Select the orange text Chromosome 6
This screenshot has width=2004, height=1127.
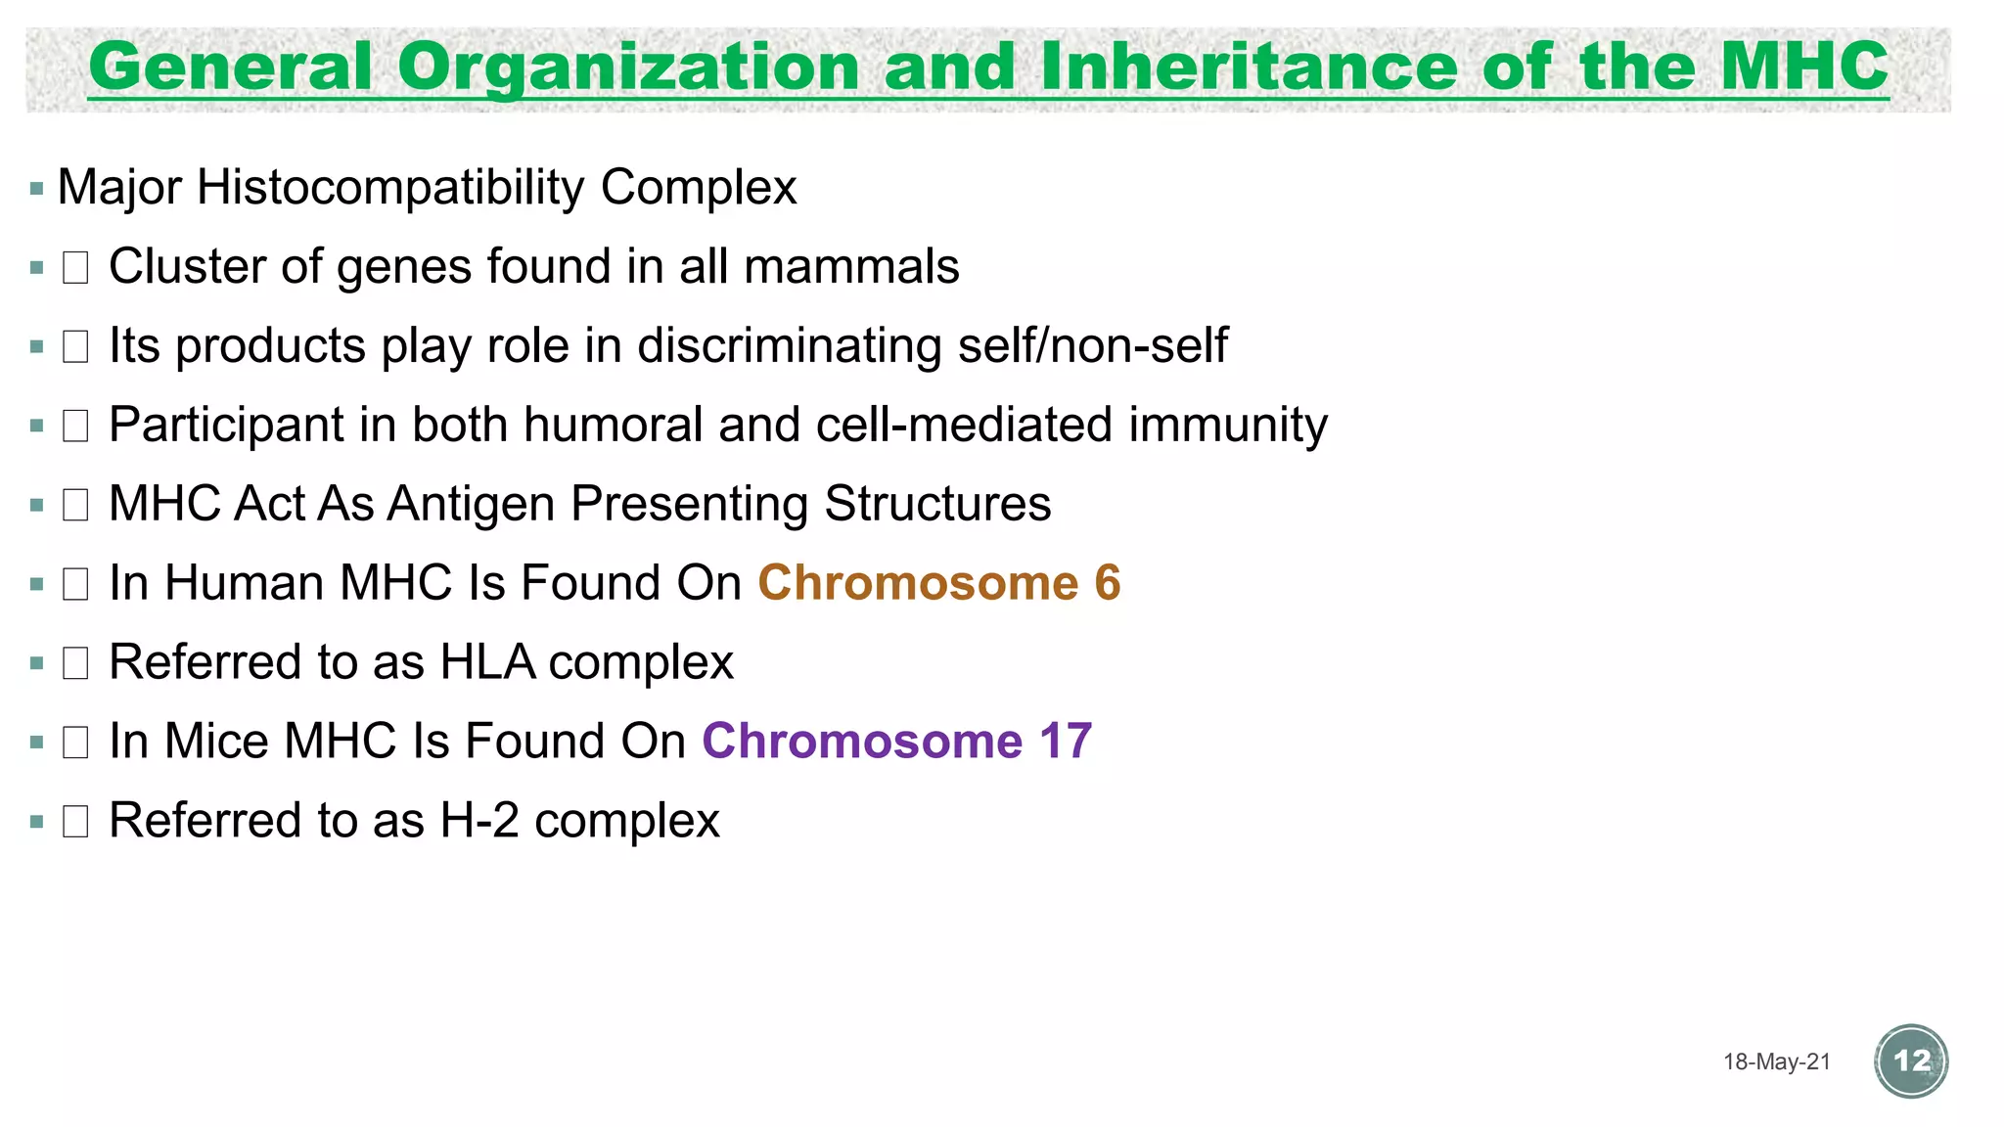[938, 583]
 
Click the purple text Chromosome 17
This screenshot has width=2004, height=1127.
[896, 741]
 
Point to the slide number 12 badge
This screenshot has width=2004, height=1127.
[1911, 1061]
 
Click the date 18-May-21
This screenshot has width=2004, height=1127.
[1776, 1062]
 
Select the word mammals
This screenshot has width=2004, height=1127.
[851, 266]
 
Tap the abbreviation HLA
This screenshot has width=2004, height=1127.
[487, 662]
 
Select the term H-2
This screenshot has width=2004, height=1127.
[479, 820]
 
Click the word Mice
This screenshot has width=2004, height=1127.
[215, 741]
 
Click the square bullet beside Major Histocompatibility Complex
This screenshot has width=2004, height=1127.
[37, 188]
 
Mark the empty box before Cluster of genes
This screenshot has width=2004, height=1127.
[75, 267]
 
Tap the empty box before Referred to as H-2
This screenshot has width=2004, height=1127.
[75, 821]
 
